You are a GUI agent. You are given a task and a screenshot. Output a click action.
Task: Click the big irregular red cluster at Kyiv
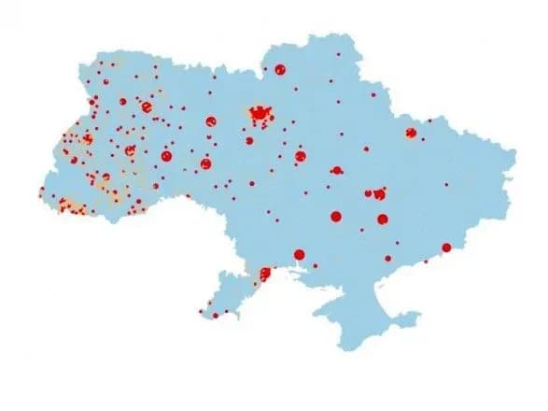click(x=260, y=114)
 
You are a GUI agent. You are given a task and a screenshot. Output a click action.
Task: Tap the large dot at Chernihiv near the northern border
click(x=280, y=69)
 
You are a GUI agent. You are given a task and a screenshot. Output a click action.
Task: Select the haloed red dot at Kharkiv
click(x=411, y=134)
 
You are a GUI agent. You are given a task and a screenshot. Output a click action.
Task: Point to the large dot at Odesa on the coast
click(x=265, y=275)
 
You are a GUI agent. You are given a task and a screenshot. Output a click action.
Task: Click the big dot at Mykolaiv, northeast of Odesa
click(x=300, y=254)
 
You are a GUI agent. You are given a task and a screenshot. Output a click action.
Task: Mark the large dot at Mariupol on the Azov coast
click(x=446, y=248)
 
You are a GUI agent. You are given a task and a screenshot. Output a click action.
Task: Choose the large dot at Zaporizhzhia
click(x=383, y=219)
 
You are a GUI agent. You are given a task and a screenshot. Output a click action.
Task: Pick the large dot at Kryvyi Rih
click(x=335, y=217)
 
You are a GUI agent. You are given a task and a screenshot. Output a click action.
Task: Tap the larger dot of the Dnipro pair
click(x=379, y=193)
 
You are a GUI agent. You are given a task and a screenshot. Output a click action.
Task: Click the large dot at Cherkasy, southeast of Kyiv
click(x=301, y=156)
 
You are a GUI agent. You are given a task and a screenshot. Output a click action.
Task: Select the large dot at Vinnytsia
click(x=205, y=163)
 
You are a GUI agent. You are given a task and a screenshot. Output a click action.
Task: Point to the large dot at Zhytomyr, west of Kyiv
click(x=211, y=120)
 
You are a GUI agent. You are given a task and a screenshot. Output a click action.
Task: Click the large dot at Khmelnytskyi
click(x=167, y=157)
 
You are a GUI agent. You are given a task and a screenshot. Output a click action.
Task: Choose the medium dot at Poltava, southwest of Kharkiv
click(x=336, y=171)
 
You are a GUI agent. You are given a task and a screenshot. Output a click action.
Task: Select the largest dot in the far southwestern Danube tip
click(x=215, y=315)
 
